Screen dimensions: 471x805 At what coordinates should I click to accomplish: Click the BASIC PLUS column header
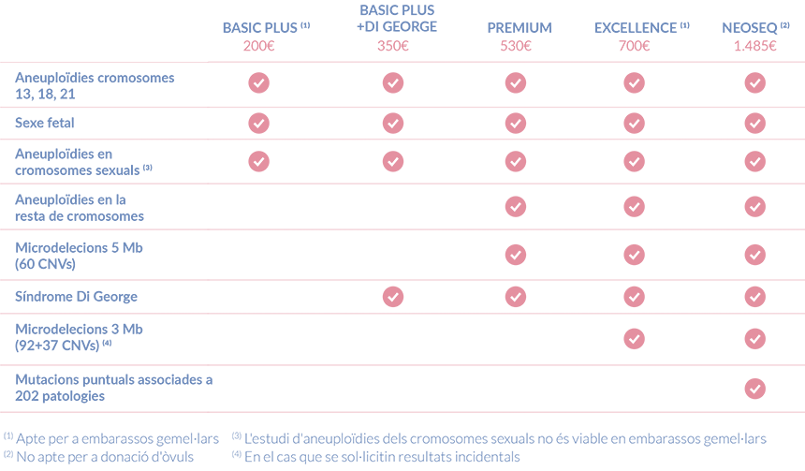click(260, 28)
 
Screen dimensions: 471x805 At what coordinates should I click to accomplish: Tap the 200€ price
click(258, 46)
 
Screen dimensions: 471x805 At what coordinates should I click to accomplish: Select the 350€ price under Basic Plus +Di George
click(392, 46)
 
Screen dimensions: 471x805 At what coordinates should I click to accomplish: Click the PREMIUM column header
click(519, 28)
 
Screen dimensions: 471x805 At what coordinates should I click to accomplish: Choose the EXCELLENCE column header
click(637, 28)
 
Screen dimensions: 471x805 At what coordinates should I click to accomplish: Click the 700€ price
click(635, 46)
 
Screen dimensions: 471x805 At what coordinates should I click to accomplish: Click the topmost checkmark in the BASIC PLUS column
click(258, 83)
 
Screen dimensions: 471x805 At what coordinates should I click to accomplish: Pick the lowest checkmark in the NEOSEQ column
click(755, 388)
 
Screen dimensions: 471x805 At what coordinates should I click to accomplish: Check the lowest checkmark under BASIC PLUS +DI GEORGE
click(392, 297)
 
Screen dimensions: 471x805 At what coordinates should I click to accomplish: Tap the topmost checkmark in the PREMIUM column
click(515, 83)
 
